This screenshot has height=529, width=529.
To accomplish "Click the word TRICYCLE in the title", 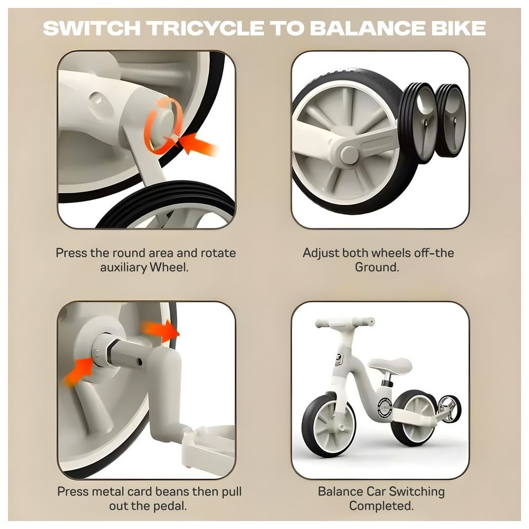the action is coord(206,28).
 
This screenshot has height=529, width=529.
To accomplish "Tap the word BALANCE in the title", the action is coord(368,28).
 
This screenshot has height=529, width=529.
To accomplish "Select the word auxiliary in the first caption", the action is coord(123,267).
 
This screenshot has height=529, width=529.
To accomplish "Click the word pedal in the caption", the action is coord(169,506).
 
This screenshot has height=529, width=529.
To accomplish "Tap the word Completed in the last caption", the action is coord(380,506).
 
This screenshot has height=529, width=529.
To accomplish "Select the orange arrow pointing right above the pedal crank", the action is coord(161,330).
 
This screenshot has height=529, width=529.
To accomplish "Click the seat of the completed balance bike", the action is coord(390,364).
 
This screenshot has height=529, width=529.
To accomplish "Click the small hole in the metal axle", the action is coord(139,362).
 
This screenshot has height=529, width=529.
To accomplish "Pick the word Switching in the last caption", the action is coord(417,491).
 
